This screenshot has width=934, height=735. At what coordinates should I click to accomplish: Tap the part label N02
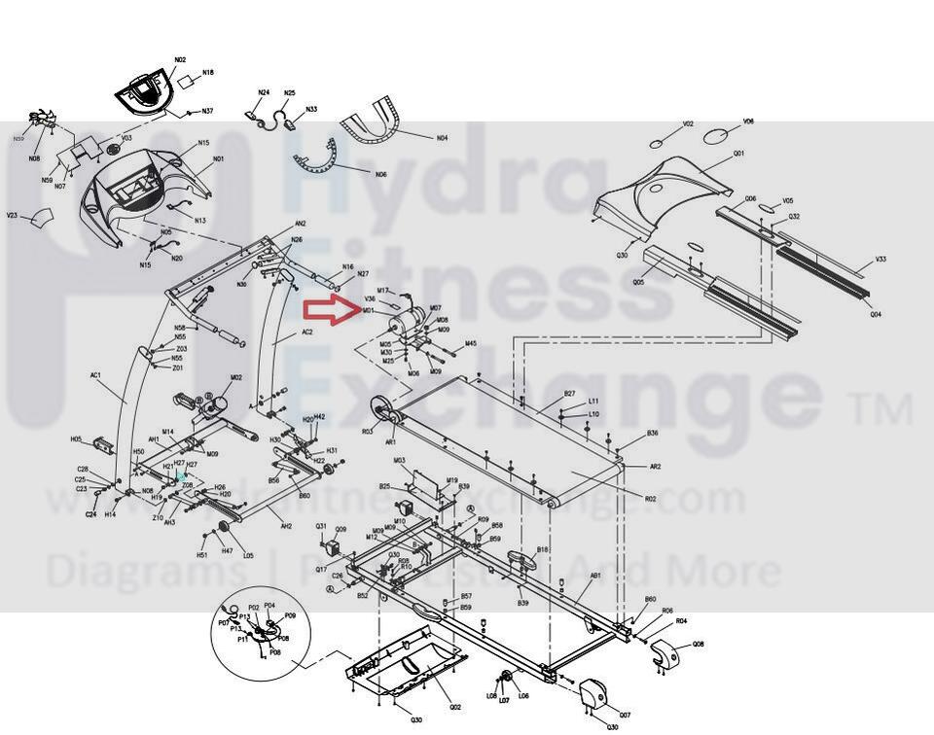(180, 60)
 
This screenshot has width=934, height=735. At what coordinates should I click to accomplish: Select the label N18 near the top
(208, 73)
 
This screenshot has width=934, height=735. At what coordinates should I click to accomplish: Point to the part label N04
(442, 138)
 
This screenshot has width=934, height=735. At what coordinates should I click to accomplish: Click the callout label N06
(380, 174)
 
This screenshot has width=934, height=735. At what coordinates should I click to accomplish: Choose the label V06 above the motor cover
(748, 122)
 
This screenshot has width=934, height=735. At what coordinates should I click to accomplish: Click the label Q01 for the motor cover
(738, 154)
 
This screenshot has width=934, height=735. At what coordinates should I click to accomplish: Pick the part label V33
(880, 260)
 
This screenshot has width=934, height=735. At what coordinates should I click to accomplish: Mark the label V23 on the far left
(13, 215)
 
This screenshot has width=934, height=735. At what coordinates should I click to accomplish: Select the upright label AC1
(96, 374)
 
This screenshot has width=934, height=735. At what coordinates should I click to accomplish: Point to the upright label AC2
(307, 332)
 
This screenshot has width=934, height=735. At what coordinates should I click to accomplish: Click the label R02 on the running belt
(650, 499)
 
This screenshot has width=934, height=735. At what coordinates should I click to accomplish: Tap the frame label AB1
(596, 575)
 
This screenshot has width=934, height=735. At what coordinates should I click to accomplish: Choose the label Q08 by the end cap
(699, 645)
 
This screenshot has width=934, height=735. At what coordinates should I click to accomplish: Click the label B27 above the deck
(570, 393)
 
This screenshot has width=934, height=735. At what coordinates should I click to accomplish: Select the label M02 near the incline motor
(235, 377)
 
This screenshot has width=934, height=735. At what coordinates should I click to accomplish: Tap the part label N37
(208, 112)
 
